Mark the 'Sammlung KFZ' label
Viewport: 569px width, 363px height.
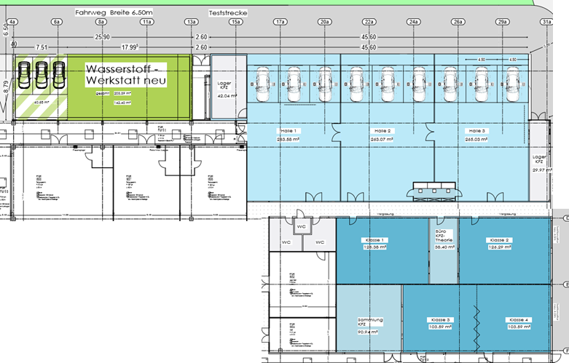369,323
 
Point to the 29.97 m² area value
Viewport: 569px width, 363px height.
538,169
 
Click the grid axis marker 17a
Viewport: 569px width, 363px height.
280,23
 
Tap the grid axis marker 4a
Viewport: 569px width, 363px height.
12,23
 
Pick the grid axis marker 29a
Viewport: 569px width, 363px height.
502,23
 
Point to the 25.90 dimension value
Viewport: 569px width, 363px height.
101,37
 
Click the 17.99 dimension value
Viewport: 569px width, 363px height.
130,48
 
